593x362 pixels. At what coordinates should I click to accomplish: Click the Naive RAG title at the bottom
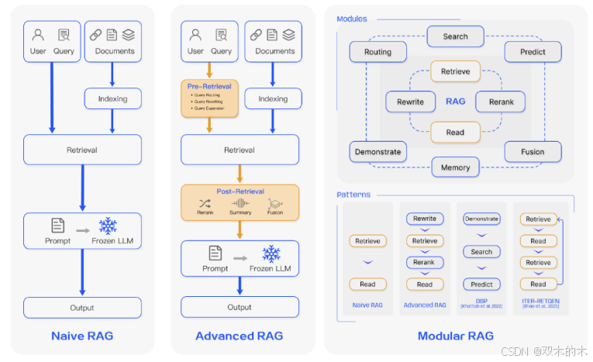click(x=82, y=336)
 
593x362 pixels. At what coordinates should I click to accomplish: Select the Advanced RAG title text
click(x=239, y=336)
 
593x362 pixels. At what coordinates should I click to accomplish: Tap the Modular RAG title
click(x=455, y=336)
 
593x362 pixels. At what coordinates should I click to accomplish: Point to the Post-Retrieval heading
click(x=240, y=191)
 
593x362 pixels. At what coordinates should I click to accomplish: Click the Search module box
click(x=455, y=36)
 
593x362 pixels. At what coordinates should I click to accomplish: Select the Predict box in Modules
click(x=533, y=52)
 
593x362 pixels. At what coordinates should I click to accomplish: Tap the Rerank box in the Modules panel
click(x=500, y=102)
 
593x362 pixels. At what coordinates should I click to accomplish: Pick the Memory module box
click(x=455, y=167)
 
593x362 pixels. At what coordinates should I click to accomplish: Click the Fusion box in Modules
click(x=533, y=152)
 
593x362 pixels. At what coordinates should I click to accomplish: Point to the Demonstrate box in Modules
click(x=378, y=152)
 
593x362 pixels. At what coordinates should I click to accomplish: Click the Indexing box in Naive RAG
click(x=112, y=98)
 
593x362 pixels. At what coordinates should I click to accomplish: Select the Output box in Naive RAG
click(x=82, y=308)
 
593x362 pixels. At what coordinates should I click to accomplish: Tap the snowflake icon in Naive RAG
click(x=108, y=226)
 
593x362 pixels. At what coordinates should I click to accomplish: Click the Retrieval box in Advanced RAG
click(x=239, y=150)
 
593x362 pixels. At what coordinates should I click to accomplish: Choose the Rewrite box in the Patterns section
click(x=425, y=219)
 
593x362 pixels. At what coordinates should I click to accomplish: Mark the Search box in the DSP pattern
click(x=481, y=252)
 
